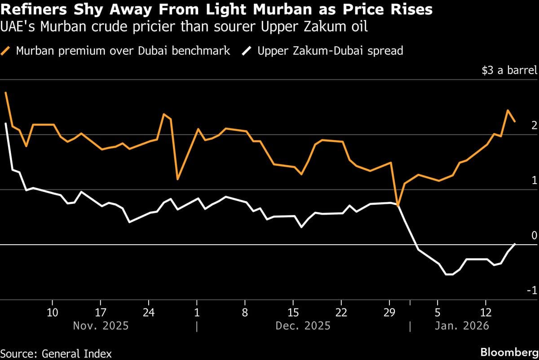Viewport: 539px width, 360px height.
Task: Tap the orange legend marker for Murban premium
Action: point(7,50)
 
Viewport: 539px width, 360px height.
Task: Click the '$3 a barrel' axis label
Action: point(509,70)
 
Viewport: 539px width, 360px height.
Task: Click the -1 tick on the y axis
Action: point(532,291)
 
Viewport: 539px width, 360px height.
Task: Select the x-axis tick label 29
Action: point(389,312)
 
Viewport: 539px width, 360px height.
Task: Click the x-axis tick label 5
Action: point(437,312)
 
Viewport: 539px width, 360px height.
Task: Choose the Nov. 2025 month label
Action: point(101,325)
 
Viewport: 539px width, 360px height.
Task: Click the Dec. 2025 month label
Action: point(304,325)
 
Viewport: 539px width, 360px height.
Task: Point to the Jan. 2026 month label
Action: point(461,325)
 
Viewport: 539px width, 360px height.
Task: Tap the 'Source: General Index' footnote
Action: point(56,353)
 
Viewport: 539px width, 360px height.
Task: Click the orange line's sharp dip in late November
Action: point(178,179)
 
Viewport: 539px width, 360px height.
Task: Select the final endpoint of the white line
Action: point(515,243)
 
